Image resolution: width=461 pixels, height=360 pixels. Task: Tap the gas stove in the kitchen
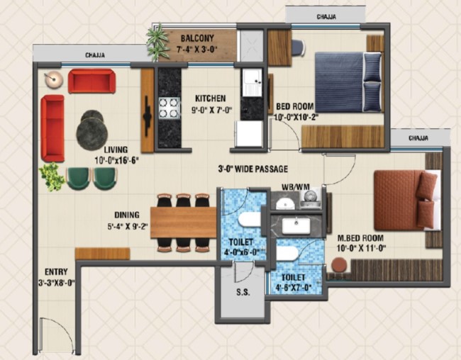(x=169, y=108)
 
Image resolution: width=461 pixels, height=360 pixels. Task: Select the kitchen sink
(x=252, y=83)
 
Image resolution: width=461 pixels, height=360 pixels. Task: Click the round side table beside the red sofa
(x=54, y=79)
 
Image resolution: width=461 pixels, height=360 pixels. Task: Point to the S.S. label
(x=243, y=292)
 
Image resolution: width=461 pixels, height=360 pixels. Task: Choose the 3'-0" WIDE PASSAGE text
(x=253, y=169)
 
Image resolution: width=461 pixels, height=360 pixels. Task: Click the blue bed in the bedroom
(x=349, y=82)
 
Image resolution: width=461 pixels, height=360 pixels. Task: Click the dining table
(x=184, y=223)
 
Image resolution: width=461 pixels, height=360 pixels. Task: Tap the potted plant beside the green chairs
(x=52, y=177)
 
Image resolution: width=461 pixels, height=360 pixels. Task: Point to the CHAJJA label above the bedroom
(x=326, y=17)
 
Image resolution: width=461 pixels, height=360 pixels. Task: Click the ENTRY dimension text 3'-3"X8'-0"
(x=56, y=283)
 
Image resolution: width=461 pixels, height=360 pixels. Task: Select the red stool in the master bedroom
(x=339, y=265)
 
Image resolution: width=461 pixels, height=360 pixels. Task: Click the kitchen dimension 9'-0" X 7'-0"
(x=211, y=111)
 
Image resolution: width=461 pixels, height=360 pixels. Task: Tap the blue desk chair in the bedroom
(x=299, y=47)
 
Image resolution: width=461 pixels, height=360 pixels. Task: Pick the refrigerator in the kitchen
(x=248, y=134)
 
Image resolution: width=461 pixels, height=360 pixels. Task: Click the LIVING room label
(x=116, y=150)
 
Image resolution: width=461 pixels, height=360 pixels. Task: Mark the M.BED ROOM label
(x=360, y=237)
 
